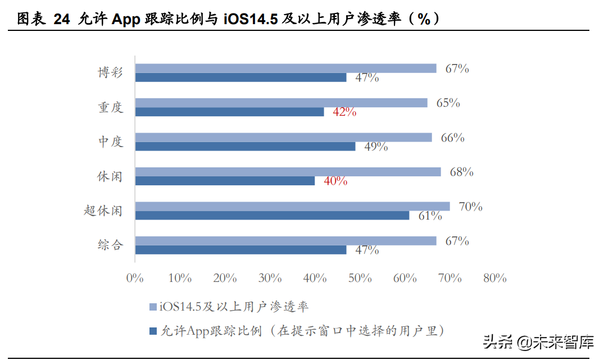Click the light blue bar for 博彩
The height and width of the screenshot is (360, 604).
tap(285, 68)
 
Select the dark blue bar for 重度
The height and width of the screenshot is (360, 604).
tap(229, 112)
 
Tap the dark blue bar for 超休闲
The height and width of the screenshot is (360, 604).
tap(272, 215)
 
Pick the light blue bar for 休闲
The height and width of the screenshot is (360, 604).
tap(288, 172)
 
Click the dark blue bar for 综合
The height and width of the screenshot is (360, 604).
tap(240, 250)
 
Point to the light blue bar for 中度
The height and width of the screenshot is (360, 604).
tap(283, 137)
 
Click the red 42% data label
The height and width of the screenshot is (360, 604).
tap(344, 112)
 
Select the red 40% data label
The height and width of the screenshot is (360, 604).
tap(335, 181)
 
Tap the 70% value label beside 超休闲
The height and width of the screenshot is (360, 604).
tap(470, 207)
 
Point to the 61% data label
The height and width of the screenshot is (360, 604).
tap(430, 216)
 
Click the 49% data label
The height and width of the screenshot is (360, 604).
tap(376, 147)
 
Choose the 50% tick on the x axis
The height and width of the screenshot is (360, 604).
tap(360, 278)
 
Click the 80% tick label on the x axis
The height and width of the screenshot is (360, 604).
tap(494, 278)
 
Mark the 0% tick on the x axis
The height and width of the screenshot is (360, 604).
tap(135, 278)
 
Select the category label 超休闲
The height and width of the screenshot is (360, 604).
tap(103, 211)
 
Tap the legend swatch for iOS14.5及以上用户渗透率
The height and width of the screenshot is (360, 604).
tap(152, 307)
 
